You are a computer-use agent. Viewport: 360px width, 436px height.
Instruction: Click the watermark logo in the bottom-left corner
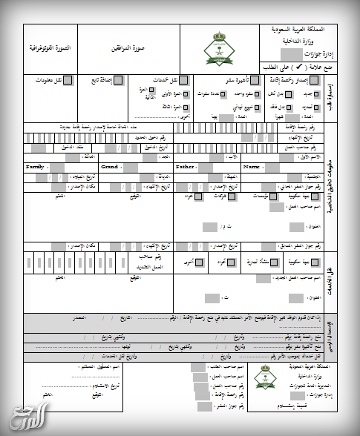24,417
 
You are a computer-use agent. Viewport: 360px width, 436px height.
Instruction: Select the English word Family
35,168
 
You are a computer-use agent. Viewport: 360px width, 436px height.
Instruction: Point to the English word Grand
109,168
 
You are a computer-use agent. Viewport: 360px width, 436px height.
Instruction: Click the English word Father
185,168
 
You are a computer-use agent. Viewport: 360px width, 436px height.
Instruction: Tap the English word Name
252,168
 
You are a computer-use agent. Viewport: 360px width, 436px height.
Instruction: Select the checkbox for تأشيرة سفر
251,80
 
